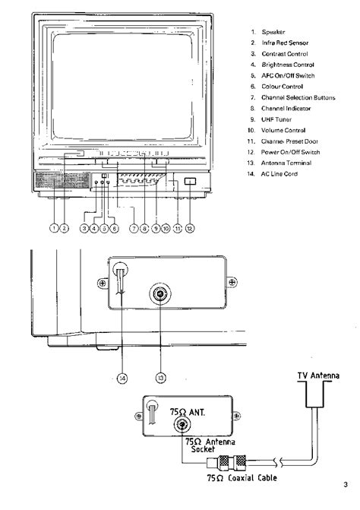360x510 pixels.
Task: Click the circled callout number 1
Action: click(54, 228)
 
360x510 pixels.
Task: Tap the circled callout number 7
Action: click(134, 228)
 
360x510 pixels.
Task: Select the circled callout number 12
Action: click(190, 228)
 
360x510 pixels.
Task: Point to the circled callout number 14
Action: click(122, 378)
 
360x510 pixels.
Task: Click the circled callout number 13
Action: click(161, 378)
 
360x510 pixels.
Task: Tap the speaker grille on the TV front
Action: click(62, 180)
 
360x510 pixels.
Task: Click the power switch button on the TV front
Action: click(190, 181)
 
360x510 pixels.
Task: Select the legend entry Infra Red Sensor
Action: click(285, 43)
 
